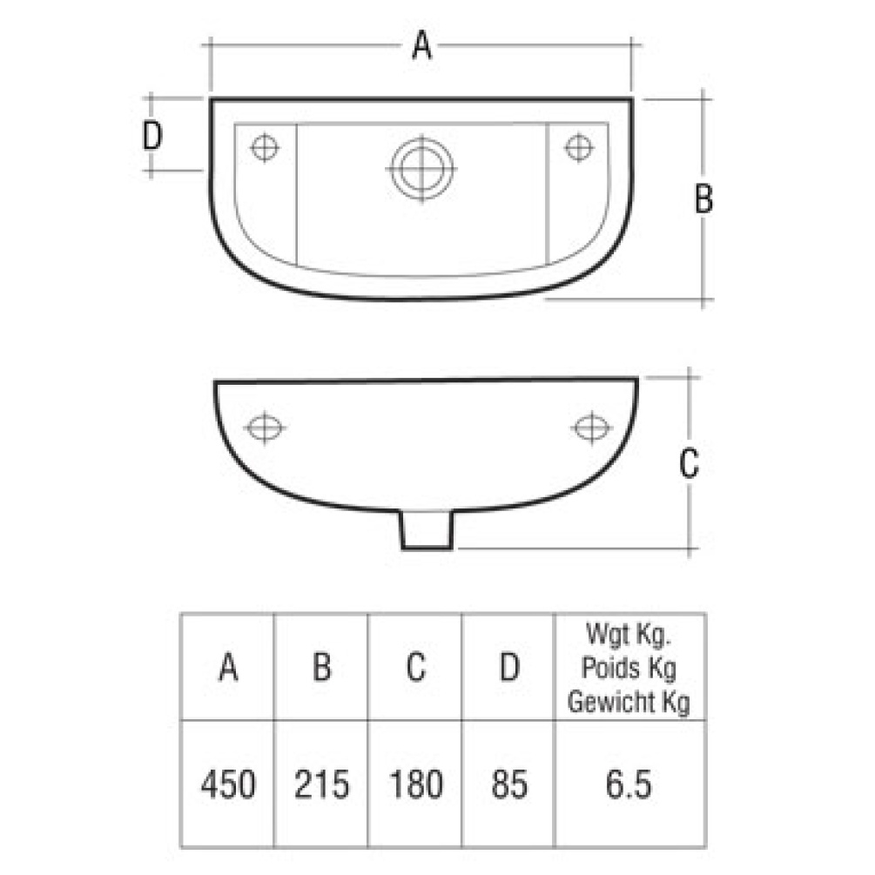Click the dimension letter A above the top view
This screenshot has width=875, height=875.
coord(421,44)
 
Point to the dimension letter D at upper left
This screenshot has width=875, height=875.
coord(153,137)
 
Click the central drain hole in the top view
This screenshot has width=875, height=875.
coord(422,165)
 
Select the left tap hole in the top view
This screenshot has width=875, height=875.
coord(265,147)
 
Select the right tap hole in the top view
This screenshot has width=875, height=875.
coord(578,147)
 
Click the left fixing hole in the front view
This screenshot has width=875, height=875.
coord(264,428)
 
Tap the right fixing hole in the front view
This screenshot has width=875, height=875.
coord(592,427)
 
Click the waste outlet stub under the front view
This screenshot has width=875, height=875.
coord(426,531)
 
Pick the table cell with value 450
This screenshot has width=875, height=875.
coord(228,784)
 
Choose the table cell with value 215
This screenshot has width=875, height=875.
coord(322,784)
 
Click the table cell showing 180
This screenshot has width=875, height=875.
coord(415,784)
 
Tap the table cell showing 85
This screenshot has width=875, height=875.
coord(508,784)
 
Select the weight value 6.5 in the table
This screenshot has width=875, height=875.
coord(629,784)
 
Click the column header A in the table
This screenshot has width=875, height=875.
coord(228,668)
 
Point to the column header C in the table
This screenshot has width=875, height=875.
coord(415,668)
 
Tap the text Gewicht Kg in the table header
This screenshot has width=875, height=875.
coord(629,702)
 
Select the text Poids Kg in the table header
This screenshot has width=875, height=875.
coord(629,670)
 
